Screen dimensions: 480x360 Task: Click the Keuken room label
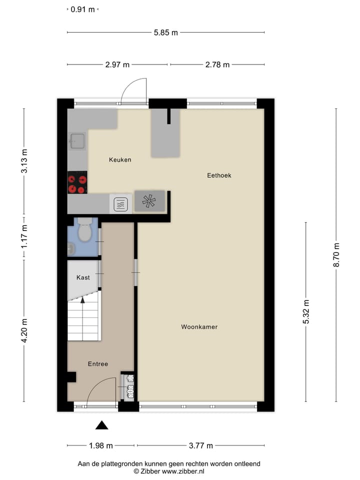pyautogui.click(x=120, y=160)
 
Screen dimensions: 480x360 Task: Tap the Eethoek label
pyautogui.click(x=219, y=175)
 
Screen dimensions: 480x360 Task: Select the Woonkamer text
pyautogui.click(x=199, y=327)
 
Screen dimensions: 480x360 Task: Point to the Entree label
pyautogui.click(x=98, y=364)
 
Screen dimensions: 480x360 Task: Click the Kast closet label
pyautogui.click(x=83, y=277)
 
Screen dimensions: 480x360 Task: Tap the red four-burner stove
pyautogui.click(x=77, y=182)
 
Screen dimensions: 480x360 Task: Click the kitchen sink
pyautogui.click(x=77, y=141)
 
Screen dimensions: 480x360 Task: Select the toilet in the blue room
pyautogui.click(x=84, y=230)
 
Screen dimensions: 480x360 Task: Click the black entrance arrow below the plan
pyautogui.click(x=102, y=425)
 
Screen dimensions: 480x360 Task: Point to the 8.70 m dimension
pyautogui.click(x=336, y=254)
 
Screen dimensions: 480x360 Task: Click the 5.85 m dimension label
pyautogui.click(x=165, y=33)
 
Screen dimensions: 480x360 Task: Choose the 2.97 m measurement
pyautogui.click(x=117, y=64)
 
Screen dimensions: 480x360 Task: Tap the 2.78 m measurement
pyautogui.click(x=217, y=64)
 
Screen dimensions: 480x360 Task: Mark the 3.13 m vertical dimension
pyautogui.click(x=24, y=160)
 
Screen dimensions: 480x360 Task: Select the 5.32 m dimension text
pyautogui.click(x=306, y=311)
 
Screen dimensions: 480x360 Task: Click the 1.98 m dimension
pyautogui.click(x=100, y=445)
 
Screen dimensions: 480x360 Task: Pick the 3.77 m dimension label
pyautogui.click(x=200, y=445)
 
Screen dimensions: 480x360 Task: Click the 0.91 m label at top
pyautogui.click(x=82, y=9)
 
